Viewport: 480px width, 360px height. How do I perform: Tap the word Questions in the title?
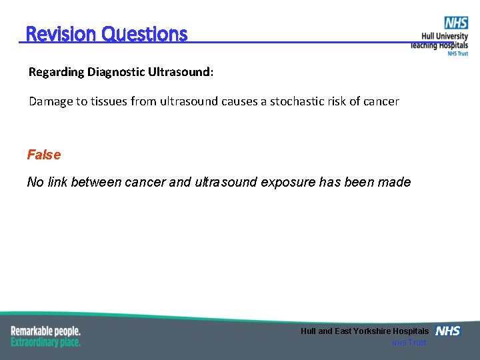click(145, 34)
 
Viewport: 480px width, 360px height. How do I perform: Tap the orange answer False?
click(44, 155)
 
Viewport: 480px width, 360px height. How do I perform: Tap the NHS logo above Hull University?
click(456, 23)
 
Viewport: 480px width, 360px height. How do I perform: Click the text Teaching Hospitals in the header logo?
click(439, 45)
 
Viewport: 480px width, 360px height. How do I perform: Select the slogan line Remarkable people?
click(45, 331)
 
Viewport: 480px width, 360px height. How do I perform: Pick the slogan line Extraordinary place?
click(45, 342)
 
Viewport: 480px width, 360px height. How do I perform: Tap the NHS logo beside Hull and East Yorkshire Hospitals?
click(447, 331)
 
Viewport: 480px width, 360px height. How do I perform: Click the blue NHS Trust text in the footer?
click(409, 343)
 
